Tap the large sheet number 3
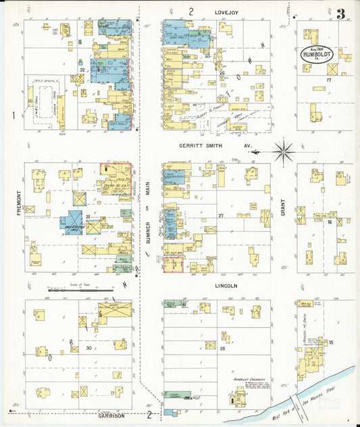(x=341, y=14)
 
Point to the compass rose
(x=284, y=150)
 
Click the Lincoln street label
(x=226, y=286)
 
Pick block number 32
(x=82, y=70)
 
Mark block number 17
(x=329, y=80)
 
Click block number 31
(x=88, y=216)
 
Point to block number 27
(x=221, y=216)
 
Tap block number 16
(x=330, y=222)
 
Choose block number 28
(x=222, y=348)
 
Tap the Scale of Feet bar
(x=81, y=290)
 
